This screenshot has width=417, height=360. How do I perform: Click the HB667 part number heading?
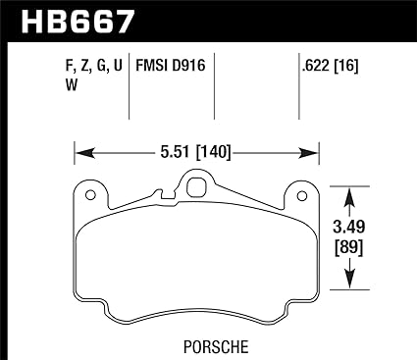[x=78, y=22]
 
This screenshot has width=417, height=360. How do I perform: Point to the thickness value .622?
[x=316, y=66]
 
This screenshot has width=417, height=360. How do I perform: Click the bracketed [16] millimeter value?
[x=345, y=66]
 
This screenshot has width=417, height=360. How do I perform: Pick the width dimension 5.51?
[x=176, y=152]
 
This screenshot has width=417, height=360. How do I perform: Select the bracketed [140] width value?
[x=213, y=152]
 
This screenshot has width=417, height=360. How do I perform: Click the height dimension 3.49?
[x=348, y=227]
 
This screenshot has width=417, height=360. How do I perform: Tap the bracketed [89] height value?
[x=348, y=248]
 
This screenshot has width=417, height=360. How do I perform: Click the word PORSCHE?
[x=216, y=347]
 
